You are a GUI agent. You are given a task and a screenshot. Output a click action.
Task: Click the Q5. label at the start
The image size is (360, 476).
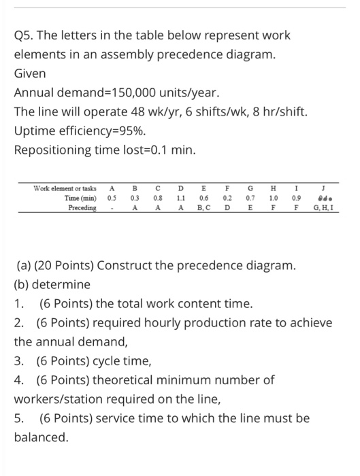click(x=25, y=34)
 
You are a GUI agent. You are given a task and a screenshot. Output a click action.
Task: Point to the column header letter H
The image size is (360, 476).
click(x=272, y=187)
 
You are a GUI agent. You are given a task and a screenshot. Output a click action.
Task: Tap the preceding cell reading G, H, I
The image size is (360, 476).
click(x=323, y=207)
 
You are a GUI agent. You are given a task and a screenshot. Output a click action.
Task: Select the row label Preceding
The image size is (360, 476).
click(x=82, y=207)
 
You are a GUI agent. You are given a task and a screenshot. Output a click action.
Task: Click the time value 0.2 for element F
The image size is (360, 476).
click(x=227, y=197)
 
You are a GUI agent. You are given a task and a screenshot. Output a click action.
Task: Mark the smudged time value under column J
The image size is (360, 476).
click(x=323, y=197)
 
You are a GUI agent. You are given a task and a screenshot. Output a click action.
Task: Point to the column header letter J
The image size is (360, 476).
click(x=323, y=187)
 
